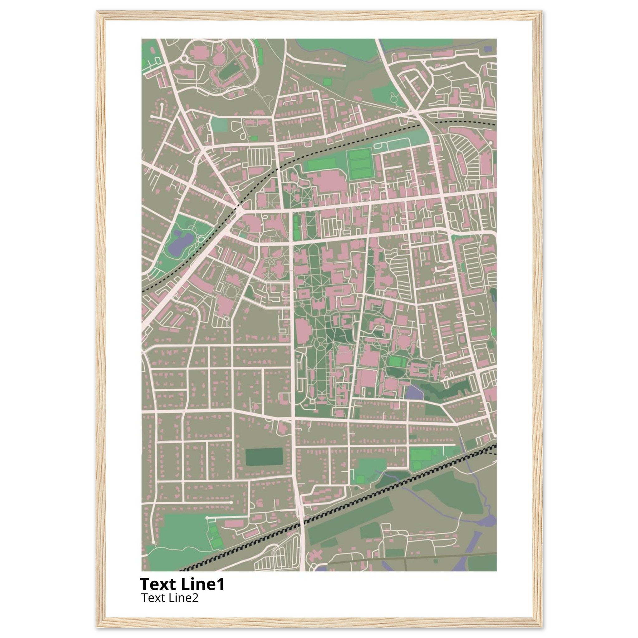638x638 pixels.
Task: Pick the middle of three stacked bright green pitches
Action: click(360, 164)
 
